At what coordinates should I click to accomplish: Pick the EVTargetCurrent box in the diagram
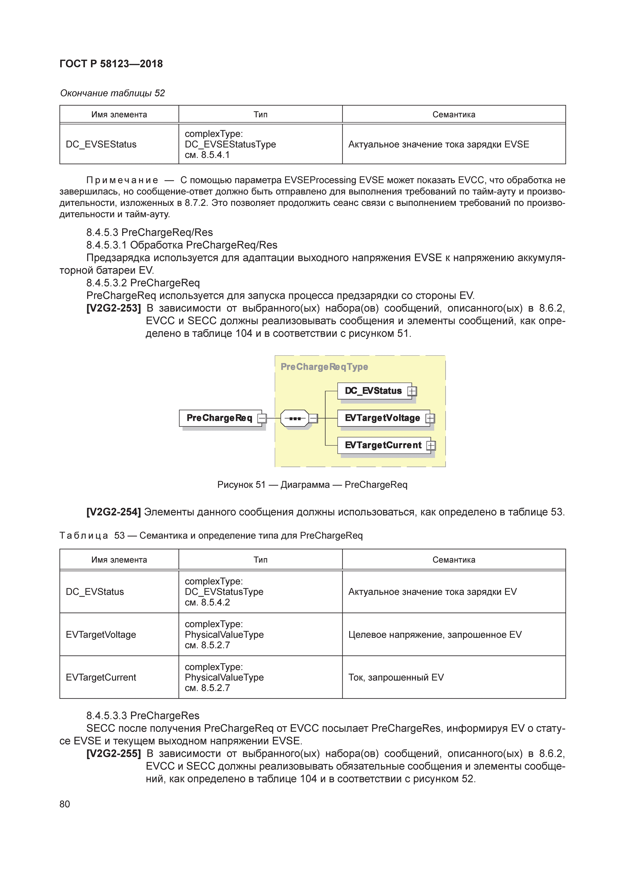pos(383,445)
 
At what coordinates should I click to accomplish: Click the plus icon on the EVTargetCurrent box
pos(431,446)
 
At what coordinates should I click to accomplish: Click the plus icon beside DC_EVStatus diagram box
pos(412,391)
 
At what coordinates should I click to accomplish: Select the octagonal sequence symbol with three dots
pos(295,418)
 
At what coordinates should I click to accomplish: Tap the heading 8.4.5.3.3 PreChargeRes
pos(143,715)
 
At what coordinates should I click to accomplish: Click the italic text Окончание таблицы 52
pos(112,93)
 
